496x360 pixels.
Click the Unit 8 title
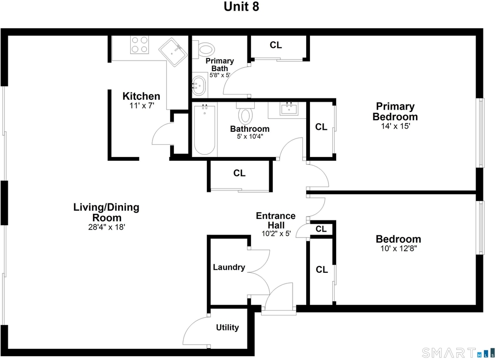[x=241, y=7]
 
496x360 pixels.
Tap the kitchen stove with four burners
[x=140, y=45]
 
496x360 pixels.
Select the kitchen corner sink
[x=173, y=52]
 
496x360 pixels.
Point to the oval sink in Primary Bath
[x=199, y=85]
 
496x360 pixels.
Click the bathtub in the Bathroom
[x=205, y=129]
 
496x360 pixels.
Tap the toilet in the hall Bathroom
[x=246, y=113]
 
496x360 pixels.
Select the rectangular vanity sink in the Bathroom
[x=289, y=110]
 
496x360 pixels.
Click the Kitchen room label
[x=141, y=96]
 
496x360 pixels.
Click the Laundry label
[x=229, y=267]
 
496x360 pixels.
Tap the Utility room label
[x=228, y=328]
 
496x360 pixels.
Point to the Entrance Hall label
[x=276, y=220]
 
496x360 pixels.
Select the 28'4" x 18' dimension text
[x=107, y=227]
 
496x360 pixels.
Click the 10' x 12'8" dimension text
[x=399, y=249]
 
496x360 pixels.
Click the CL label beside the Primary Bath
[x=276, y=45]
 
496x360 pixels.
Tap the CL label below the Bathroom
[x=239, y=173]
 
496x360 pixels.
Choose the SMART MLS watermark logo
[x=458, y=352]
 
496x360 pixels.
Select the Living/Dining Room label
[x=107, y=212]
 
